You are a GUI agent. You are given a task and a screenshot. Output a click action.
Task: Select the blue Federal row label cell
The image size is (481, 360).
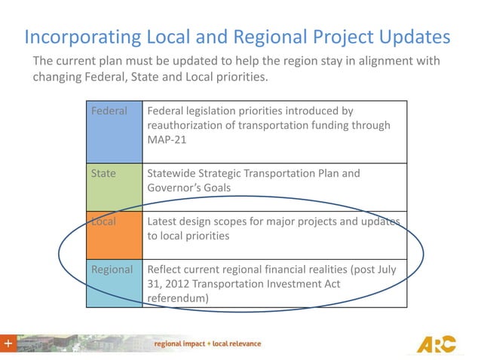114,133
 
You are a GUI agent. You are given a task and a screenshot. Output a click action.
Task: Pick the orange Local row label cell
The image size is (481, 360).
114,235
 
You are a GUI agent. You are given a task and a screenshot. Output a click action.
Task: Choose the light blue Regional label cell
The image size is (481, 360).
114,282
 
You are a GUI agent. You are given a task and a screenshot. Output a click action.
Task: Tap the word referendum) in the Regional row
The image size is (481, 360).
178,297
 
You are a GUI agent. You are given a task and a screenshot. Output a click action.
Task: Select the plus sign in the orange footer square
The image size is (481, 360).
8,344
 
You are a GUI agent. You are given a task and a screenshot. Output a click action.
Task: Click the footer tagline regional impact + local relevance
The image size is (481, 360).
207,344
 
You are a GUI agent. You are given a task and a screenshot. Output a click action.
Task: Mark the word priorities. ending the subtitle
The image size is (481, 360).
241,77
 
